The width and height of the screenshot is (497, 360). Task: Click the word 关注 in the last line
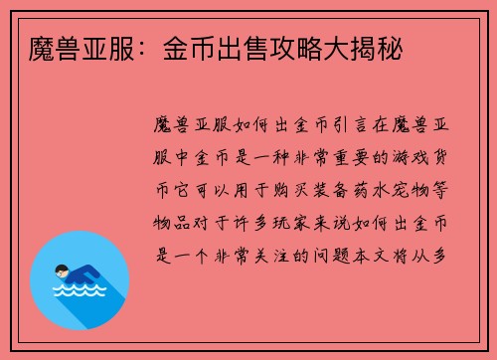289,255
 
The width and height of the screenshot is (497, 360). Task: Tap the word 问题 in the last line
355,255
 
